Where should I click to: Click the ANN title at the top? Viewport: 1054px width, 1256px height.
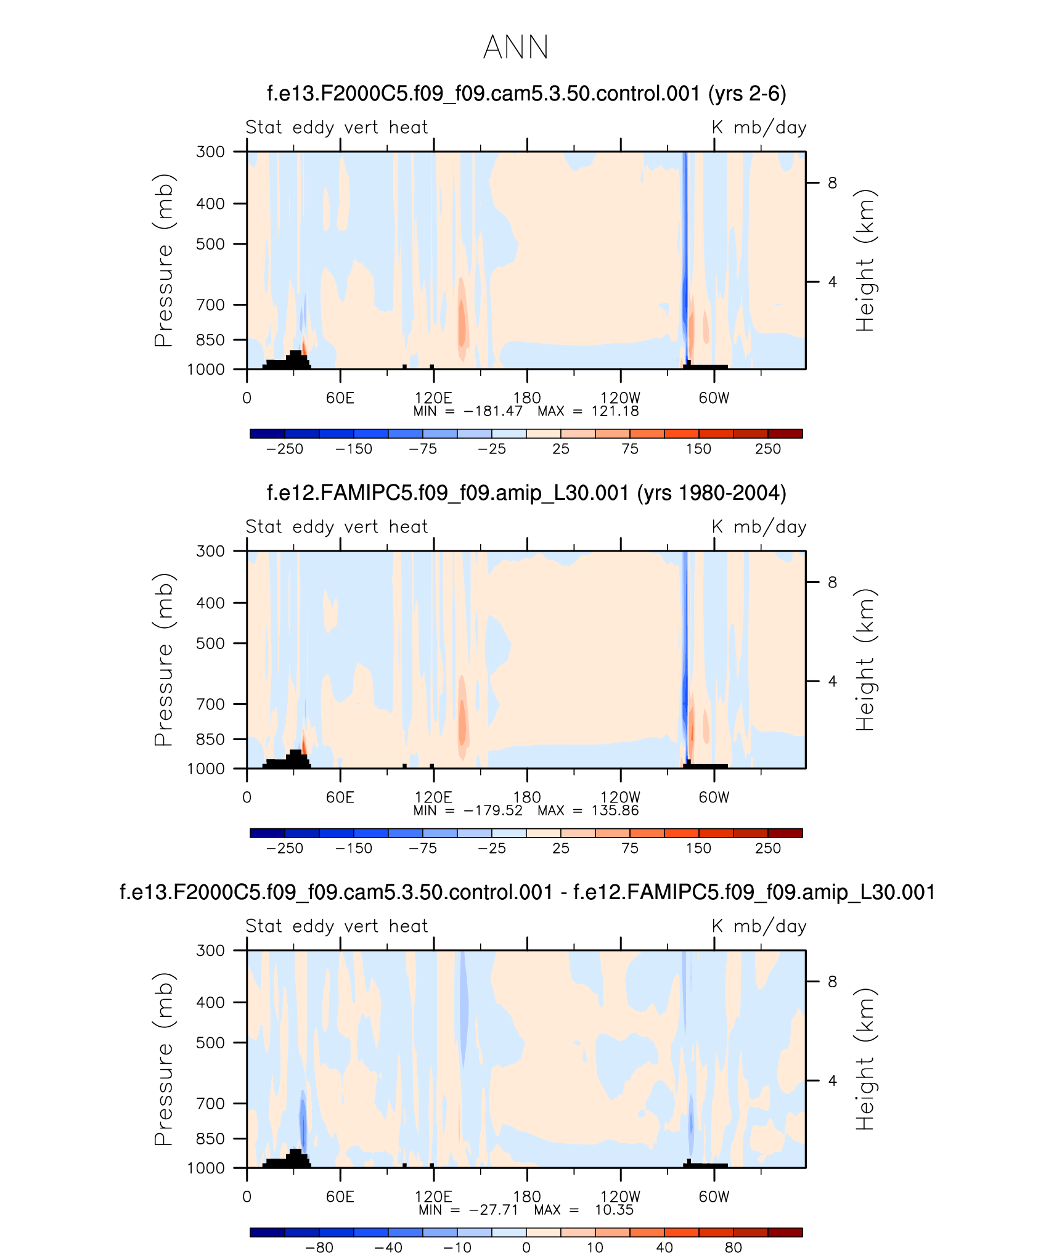516,47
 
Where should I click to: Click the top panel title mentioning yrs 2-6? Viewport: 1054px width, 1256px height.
526,94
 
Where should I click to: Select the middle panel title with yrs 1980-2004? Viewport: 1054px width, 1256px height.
526,493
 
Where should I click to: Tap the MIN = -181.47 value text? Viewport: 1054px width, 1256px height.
468,411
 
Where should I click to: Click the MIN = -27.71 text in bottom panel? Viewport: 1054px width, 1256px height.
468,1210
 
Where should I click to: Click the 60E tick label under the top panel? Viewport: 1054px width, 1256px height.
340,398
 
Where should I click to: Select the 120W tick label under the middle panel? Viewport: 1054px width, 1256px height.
620,797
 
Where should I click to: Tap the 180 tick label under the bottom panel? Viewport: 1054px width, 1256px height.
527,1196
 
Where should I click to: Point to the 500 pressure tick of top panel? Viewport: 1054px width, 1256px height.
210,244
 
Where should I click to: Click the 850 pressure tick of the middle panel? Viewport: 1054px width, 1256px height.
210,739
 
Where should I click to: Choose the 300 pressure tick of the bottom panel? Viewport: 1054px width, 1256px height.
210,950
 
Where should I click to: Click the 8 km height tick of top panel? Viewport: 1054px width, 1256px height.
832,183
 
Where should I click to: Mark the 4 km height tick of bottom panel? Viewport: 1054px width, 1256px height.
832,1080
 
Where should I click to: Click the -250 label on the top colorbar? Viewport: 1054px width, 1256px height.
285,449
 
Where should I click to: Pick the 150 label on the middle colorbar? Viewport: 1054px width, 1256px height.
698,849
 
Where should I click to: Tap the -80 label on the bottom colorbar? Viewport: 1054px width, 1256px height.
319,1248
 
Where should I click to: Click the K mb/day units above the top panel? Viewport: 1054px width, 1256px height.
759,128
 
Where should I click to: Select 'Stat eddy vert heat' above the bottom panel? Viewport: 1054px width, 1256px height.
337,926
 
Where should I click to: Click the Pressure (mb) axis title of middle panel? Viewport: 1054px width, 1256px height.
164,659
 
